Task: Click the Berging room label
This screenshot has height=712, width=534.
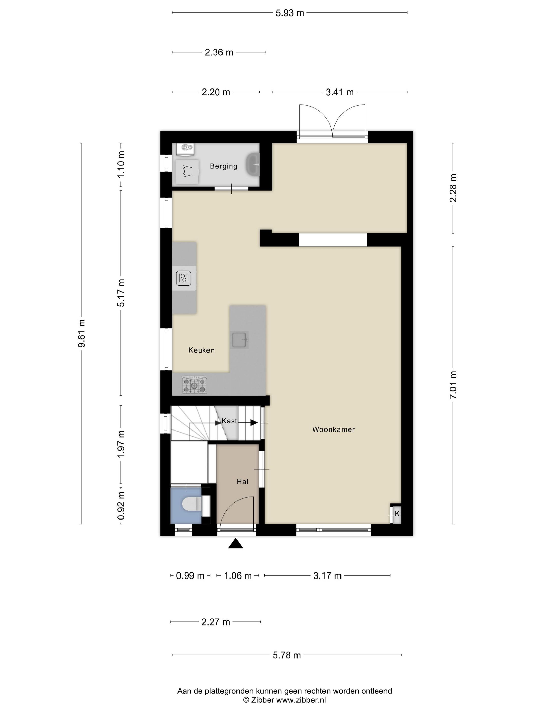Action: click(x=223, y=166)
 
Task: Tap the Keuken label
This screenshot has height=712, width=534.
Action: click(x=201, y=350)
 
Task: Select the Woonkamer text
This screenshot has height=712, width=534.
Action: click(x=333, y=429)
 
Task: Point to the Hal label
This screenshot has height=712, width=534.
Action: click(x=242, y=482)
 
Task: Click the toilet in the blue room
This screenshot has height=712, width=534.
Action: click(x=192, y=504)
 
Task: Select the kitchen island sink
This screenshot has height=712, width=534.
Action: click(x=240, y=340)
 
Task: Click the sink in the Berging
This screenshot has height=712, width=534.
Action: click(x=253, y=165)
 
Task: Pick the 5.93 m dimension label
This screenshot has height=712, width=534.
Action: click(x=290, y=13)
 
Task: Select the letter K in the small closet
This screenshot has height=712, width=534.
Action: click(x=397, y=514)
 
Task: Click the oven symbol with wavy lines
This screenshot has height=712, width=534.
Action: click(x=184, y=278)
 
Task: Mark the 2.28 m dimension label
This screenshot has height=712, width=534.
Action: click(x=453, y=188)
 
